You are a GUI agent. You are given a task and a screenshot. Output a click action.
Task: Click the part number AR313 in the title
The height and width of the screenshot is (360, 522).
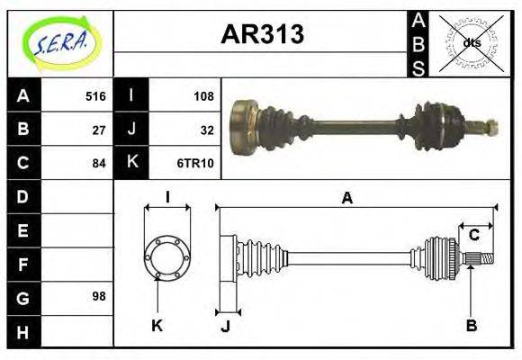tap(262, 34)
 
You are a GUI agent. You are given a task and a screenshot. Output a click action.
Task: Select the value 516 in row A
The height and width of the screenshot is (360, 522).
tap(95, 96)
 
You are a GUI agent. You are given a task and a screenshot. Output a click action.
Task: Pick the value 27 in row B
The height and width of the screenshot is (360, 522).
tap(99, 130)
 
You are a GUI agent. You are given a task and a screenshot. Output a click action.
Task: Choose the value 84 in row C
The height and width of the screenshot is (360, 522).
tap(99, 163)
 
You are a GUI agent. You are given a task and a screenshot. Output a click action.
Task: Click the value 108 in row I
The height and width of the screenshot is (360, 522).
tap(203, 96)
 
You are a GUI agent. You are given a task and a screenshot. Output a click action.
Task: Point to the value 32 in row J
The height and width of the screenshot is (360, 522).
tap(207, 130)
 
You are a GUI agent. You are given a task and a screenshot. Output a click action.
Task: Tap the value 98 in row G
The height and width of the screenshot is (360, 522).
tap(99, 296)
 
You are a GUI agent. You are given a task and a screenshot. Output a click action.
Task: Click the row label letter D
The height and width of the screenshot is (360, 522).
tap(23, 196)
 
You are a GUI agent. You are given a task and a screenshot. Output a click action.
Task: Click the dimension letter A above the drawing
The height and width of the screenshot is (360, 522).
tap(346, 198)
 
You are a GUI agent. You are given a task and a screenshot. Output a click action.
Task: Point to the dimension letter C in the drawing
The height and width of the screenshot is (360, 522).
tap(473, 236)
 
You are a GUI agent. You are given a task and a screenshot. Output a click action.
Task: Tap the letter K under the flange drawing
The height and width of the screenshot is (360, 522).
tap(157, 325)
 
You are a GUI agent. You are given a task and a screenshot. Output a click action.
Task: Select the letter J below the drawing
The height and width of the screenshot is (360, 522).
tap(225, 326)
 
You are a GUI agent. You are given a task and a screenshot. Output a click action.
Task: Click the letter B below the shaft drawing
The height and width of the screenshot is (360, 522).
tap(471, 325)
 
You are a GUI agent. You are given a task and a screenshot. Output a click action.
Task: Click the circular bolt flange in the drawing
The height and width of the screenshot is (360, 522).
tap(166, 257)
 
